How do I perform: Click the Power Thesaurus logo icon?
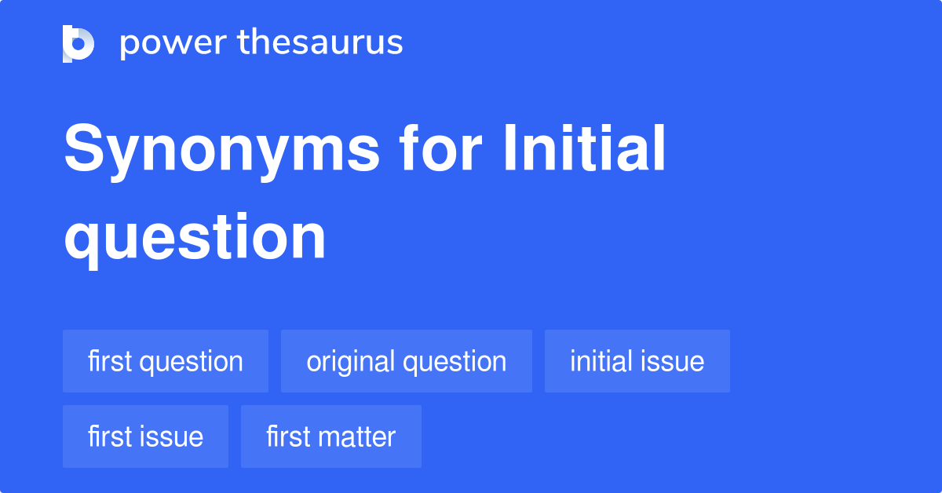(78, 43)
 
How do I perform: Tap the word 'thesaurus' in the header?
(321, 43)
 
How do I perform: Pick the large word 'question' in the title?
(195, 237)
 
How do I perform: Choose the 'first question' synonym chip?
(166, 362)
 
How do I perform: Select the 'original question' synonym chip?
(407, 362)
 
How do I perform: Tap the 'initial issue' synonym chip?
(637, 362)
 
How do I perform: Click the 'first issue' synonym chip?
(145, 437)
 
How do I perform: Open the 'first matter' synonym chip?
(330, 437)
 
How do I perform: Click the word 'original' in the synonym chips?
(351, 362)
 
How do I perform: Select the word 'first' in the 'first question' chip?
(110, 362)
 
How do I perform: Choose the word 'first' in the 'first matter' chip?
(290, 437)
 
